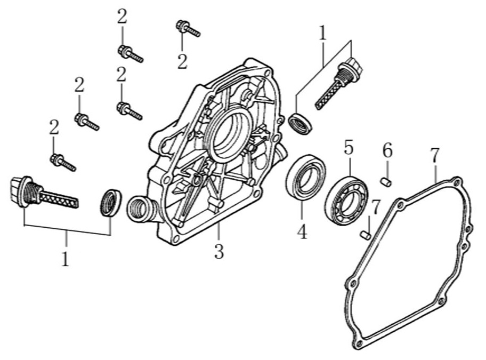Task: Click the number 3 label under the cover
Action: click(x=219, y=252)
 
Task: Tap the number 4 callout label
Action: click(x=302, y=233)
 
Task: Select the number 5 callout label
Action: click(x=349, y=148)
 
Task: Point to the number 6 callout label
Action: click(x=387, y=151)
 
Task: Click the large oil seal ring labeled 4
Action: click(x=305, y=176)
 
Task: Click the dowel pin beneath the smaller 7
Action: click(x=366, y=234)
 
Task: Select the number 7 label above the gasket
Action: click(x=435, y=156)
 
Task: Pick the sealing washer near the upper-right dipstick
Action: click(x=301, y=123)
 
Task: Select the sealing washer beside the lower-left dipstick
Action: click(x=111, y=203)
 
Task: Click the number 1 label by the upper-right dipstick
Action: click(x=322, y=33)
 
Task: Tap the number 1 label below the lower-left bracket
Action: click(x=65, y=259)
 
